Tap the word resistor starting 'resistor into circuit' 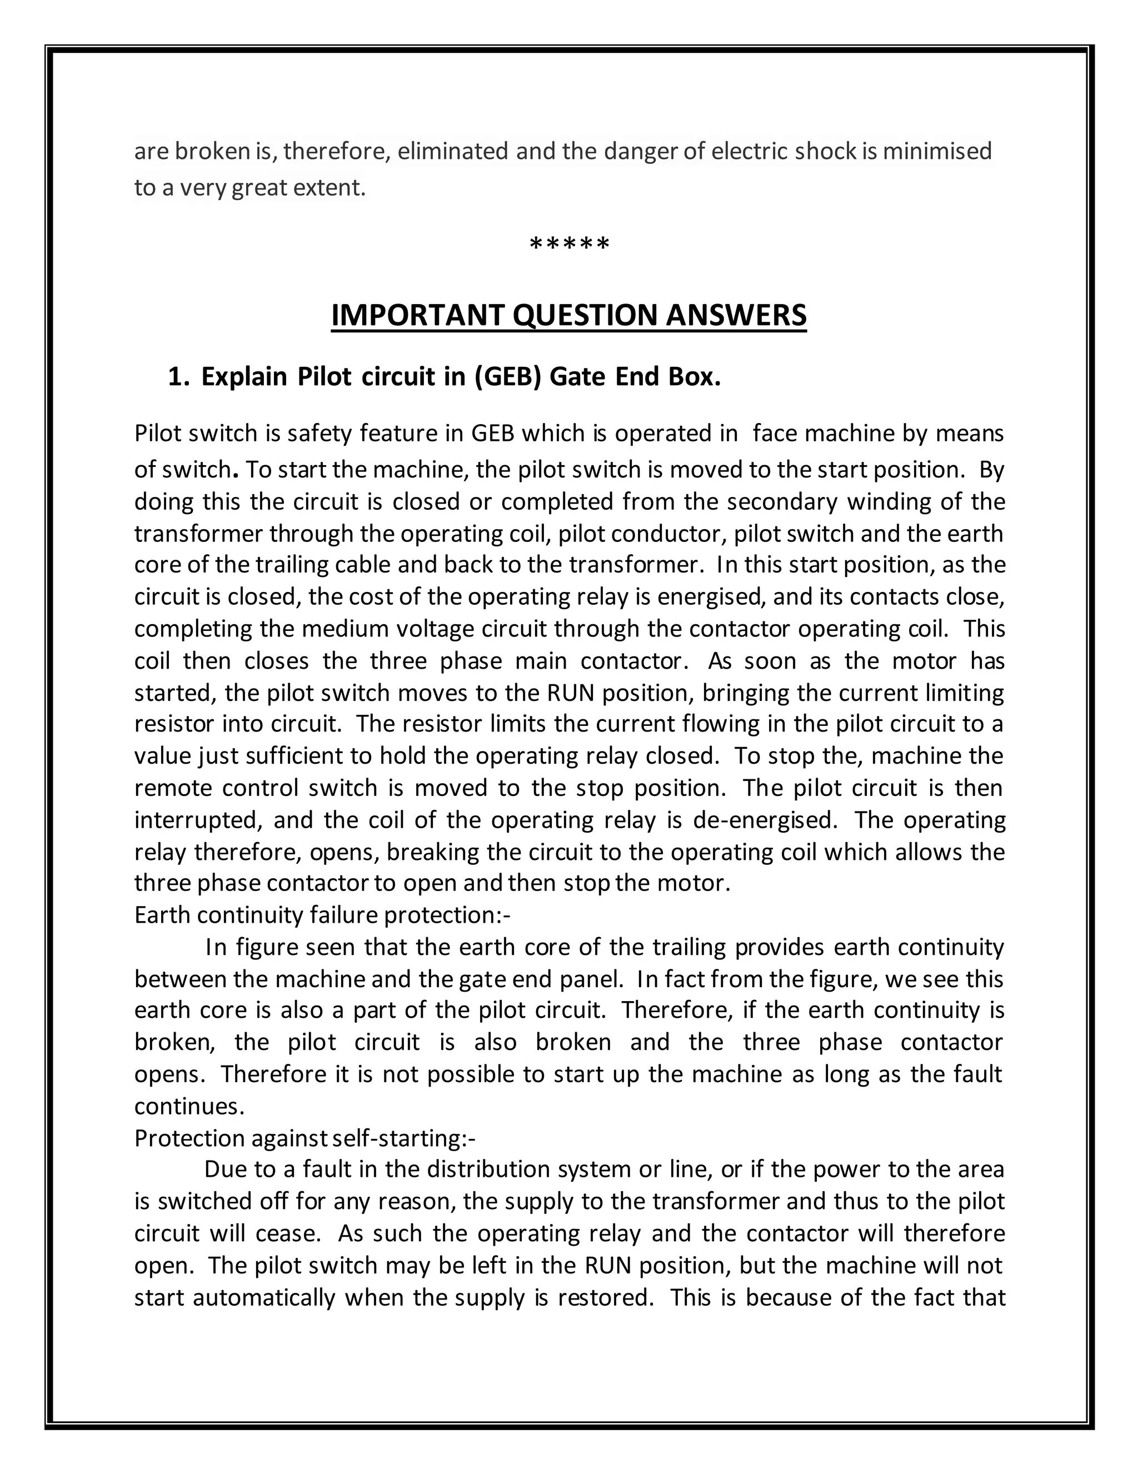tap(174, 724)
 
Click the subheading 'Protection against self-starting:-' tap(305, 1138)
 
